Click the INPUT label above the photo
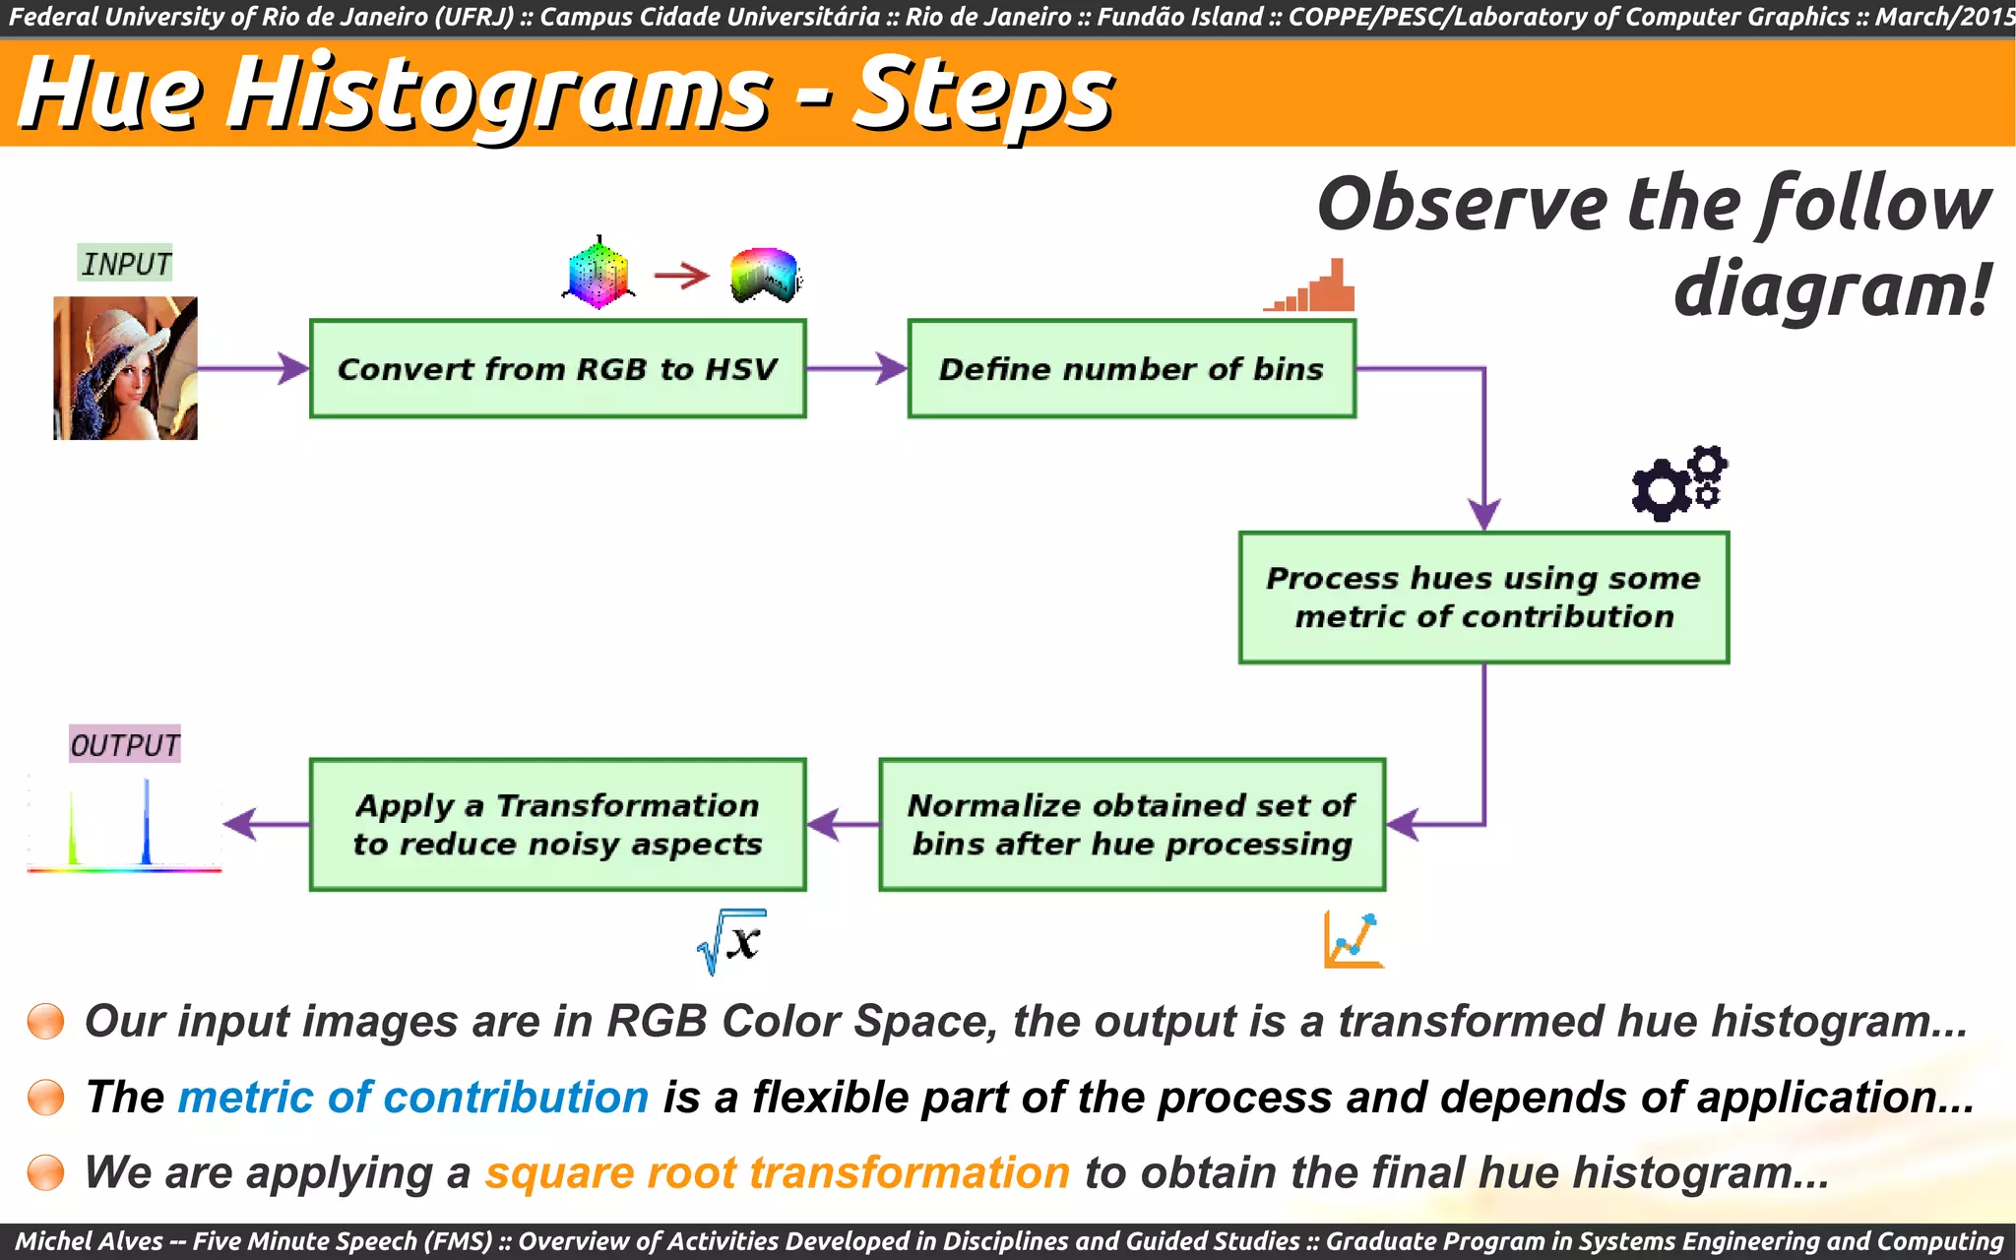(x=125, y=264)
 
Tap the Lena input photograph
(x=125, y=368)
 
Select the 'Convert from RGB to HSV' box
(x=557, y=369)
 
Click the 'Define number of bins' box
(x=1131, y=369)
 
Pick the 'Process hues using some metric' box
(x=1482, y=598)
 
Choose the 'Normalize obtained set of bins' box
(x=1131, y=825)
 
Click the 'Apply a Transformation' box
(x=557, y=825)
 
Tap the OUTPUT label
(x=125, y=745)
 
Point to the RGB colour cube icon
(x=598, y=273)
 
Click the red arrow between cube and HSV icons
(x=681, y=276)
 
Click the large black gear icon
(x=1662, y=489)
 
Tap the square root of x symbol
(x=731, y=941)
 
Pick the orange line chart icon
(x=1353, y=940)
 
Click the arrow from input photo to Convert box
(x=252, y=369)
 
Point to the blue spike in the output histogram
(x=147, y=822)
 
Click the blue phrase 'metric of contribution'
(x=412, y=1097)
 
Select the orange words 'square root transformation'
(x=777, y=1172)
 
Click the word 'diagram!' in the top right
(x=1832, y=290)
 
